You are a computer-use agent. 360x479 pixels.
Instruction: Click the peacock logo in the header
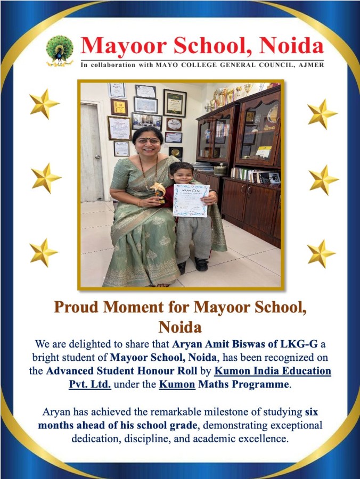[59, 50]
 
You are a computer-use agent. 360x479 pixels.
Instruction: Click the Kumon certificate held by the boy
[191, 200]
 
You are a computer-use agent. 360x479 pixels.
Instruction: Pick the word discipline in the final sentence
[145, 440]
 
